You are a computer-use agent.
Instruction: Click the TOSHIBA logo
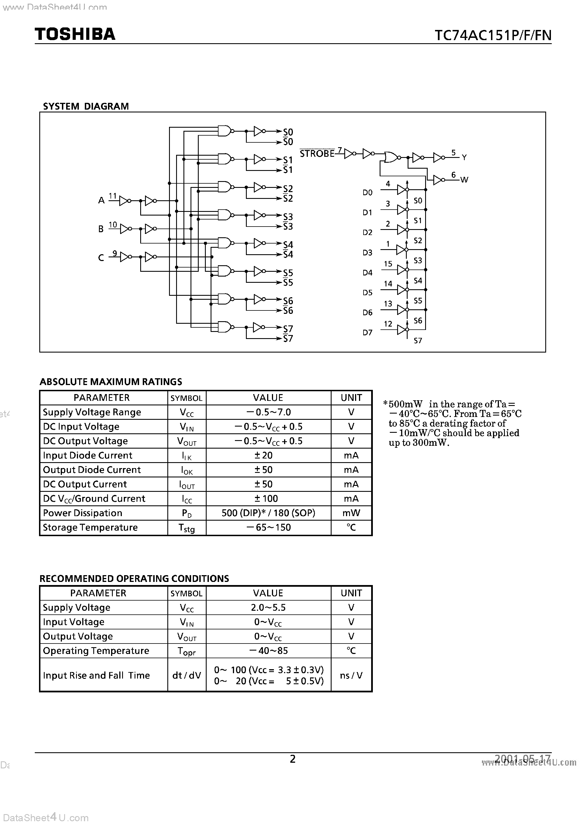pos(75,34)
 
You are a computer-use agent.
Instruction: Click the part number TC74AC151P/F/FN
pos(492,35)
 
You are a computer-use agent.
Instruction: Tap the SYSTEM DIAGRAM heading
pos(86,106)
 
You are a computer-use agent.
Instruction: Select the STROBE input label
pos(317,154)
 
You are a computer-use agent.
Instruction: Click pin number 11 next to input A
pos(113,196)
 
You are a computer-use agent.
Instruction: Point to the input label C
pos(101,258)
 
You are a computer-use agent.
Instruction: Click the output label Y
pos(464,158)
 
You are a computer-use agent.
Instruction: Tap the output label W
pos(464,180)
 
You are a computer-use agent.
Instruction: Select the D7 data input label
pos(367,333)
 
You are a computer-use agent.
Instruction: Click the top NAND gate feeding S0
pos(224,131)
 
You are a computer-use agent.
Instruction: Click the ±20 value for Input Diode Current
pos(263,455)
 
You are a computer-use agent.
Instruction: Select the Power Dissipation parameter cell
pos(83,513)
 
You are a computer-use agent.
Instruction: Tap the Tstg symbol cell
pos(187,528)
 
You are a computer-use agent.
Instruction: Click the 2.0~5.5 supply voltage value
pos(268,608)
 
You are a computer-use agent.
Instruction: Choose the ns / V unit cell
pos(351,675)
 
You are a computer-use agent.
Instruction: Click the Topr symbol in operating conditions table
pos(187,651)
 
